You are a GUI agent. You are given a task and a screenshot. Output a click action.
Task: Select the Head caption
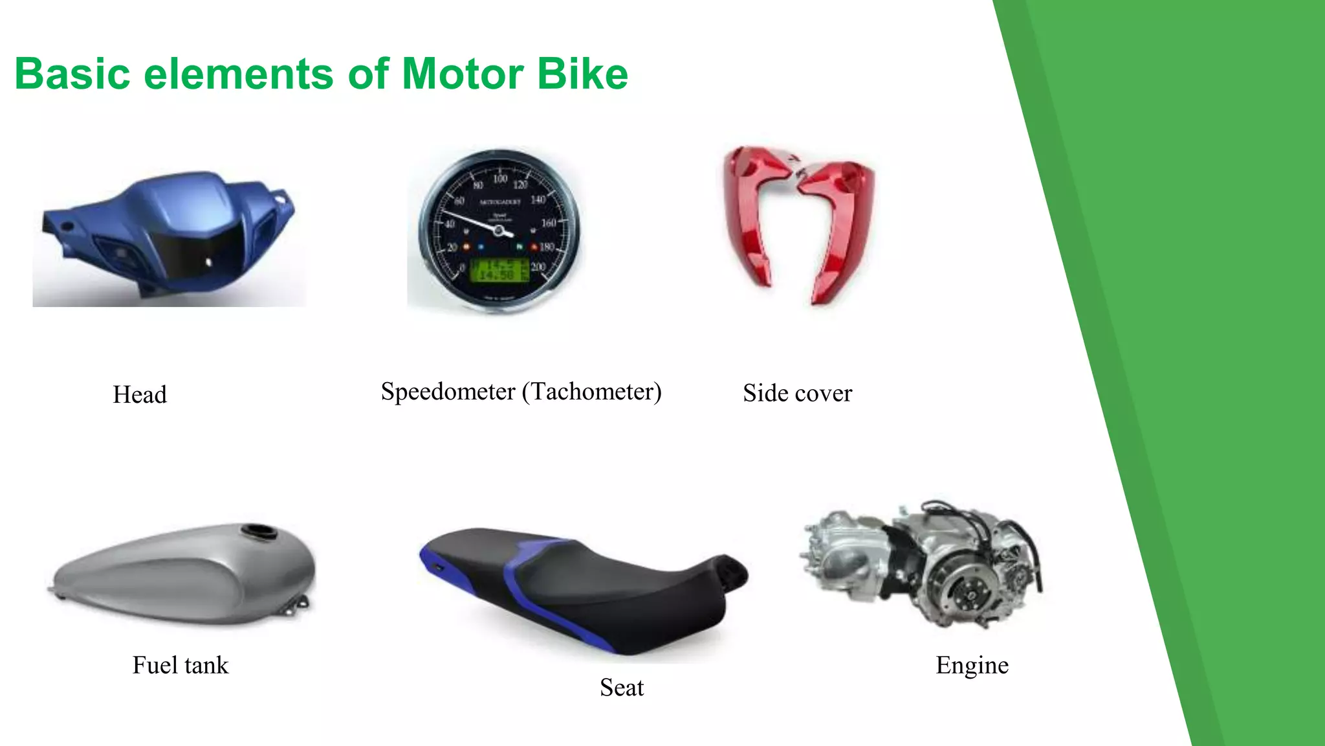140,394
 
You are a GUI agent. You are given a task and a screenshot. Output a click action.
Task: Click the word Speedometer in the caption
448,391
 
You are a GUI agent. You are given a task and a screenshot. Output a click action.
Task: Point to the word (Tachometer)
591,392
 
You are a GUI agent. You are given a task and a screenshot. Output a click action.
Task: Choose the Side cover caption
797,393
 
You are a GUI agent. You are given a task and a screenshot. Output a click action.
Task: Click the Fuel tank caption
181,665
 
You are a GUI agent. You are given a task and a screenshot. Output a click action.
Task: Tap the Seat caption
622,687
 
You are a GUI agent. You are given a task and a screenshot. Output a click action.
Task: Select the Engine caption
972,665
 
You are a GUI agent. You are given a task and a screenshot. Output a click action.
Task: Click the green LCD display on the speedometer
499,269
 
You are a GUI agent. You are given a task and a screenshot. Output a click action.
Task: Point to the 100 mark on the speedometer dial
500,179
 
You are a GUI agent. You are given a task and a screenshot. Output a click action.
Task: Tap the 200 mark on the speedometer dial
538,266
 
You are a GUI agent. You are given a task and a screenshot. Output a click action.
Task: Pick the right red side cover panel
840,227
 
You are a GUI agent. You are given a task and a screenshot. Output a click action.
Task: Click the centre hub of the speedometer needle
499,230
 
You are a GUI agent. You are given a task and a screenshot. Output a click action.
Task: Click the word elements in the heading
239,74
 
